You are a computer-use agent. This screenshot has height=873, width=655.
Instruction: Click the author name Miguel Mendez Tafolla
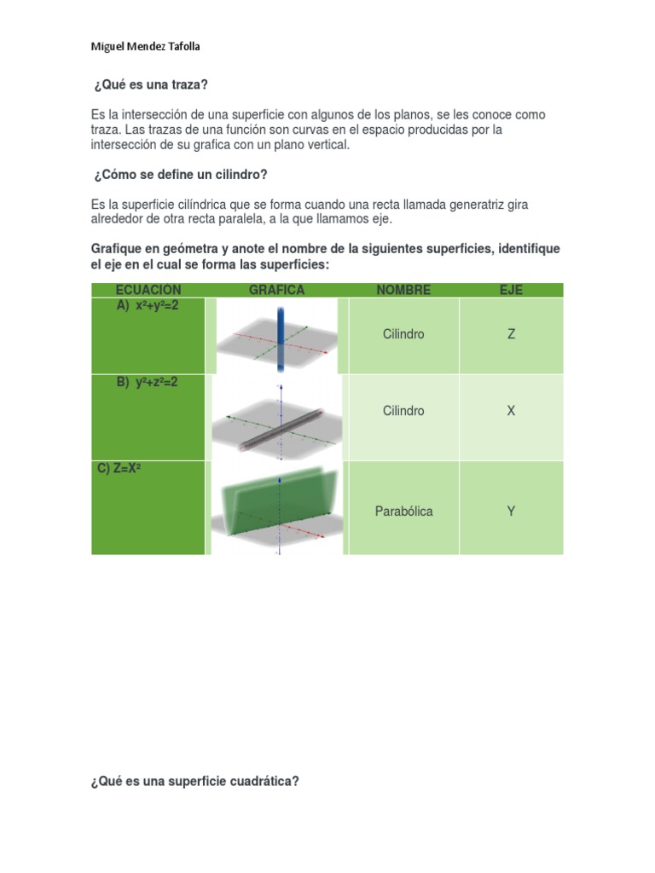(145, 47)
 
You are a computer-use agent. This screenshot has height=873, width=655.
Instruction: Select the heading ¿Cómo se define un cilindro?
(180, 175)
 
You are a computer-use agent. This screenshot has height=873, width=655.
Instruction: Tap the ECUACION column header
(148, 290)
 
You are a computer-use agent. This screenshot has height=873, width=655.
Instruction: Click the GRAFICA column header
(276, 290)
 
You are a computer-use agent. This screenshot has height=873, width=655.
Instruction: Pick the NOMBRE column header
(403, 290)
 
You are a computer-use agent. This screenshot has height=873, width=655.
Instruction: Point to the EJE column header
(511, 290)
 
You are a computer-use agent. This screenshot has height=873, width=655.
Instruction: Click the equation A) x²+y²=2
(148, 305)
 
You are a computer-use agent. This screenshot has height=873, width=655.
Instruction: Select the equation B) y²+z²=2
(148, 382)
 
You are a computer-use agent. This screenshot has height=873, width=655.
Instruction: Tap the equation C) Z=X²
(119, 468)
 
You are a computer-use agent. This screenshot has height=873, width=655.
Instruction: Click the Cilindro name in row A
(403, 334)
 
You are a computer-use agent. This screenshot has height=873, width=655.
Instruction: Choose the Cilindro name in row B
(403, 411)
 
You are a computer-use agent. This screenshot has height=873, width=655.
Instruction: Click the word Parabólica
(403, 512)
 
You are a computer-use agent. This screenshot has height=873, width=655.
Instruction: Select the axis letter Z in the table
(511, 334)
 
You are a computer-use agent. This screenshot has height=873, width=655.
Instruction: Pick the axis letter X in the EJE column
(511, 411)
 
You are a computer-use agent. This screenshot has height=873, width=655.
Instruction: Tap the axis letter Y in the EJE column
(511, 512)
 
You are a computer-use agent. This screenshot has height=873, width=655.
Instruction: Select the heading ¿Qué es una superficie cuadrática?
(194, 780)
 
